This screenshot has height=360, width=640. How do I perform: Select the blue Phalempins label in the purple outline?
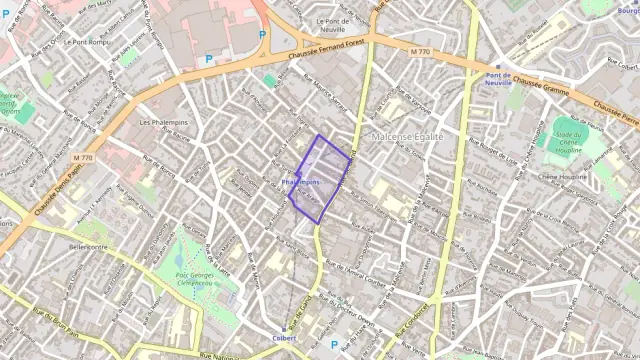(x=301, y=183)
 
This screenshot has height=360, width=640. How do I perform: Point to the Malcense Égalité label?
(x=407, y=135)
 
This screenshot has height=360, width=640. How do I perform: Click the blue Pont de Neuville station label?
(x=498, y=80)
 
